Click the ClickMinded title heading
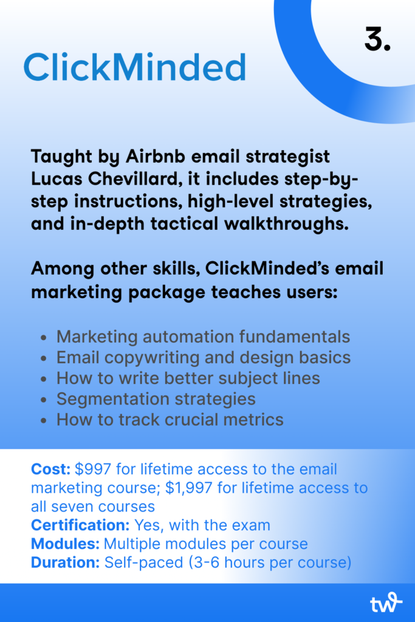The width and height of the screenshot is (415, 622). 135,67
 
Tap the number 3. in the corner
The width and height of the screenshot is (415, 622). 377,39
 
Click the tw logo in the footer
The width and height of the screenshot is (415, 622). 386,603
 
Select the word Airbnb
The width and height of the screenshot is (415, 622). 156,156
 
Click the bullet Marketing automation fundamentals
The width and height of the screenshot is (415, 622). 203,337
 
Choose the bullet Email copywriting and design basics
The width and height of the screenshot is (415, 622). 204,357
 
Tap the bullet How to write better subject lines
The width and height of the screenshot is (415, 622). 188,378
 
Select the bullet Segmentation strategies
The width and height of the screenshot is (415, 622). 156,398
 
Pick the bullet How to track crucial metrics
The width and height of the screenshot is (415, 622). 170,419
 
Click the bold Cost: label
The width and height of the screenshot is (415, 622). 51,469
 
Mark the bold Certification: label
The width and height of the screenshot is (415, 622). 80,525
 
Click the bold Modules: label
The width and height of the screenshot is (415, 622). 65,544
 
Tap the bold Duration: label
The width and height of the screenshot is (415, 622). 65,562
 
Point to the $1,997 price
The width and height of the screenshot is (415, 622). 189,488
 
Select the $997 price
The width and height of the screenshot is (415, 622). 93,469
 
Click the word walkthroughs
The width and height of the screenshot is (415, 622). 286,224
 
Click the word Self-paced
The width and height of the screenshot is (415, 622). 143,562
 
